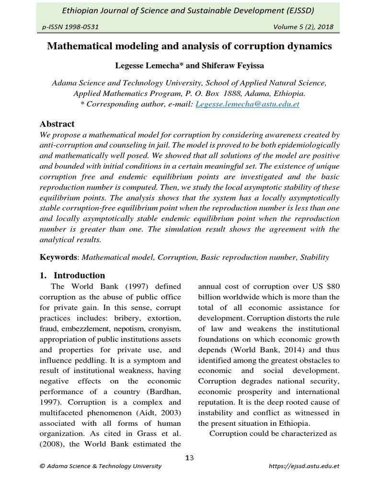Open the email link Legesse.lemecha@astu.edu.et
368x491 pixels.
[248, 104]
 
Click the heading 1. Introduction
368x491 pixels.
[72, 275]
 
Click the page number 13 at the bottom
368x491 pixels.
[189, 458]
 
